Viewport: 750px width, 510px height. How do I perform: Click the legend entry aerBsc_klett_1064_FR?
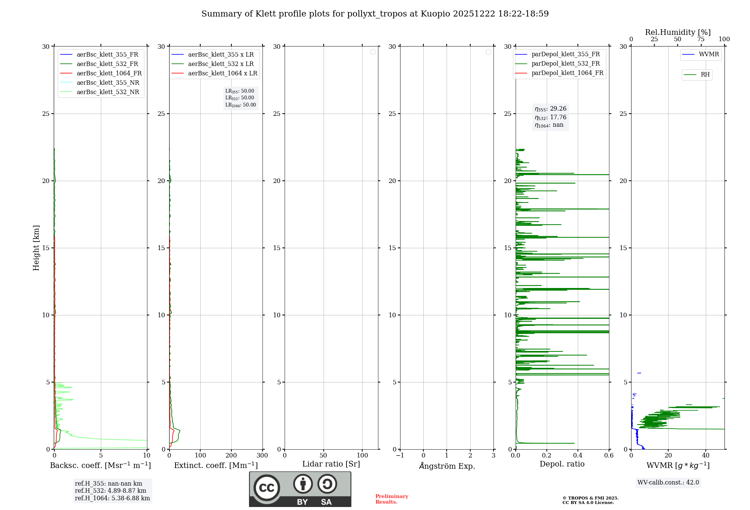click(x=109, y=73)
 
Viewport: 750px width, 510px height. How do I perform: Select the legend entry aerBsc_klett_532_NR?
click(x=108, y=92)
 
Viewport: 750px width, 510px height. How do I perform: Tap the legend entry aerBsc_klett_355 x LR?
click(x=220, y=55)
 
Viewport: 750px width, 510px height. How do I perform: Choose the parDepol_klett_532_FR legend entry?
click(x=565, y=64)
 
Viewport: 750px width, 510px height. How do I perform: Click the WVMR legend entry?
click(x=709, y=54)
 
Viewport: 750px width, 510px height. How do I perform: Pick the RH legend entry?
click(x=705, y=75)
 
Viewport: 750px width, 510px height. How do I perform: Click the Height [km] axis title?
click(x=36, y=248)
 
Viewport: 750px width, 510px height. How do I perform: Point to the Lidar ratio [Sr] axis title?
click(x=331, y=464)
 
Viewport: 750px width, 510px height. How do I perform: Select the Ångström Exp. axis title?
click(x=447, y=466)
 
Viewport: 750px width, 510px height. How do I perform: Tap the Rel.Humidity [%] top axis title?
click(x=678, y=32)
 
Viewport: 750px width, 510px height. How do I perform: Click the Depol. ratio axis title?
click(x=562, y=464)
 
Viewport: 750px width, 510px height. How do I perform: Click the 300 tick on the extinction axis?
click(x=262, y=456)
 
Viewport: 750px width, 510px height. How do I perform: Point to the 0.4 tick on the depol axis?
click(x=578, y=456)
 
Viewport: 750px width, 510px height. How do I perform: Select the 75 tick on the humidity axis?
click(x=701, y=39)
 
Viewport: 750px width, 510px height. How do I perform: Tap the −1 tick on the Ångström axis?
click(x=400, y=456)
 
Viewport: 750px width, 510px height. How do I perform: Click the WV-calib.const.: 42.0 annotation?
click(x=668, y=483)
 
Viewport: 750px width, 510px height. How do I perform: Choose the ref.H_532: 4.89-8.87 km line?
click(x=111, y=491)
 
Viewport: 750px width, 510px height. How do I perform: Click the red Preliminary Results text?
click(x=391, y=499)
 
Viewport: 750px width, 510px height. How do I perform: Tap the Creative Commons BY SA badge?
click(x=300, y=489)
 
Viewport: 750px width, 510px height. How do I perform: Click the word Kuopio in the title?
click(x=435, y=14)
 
